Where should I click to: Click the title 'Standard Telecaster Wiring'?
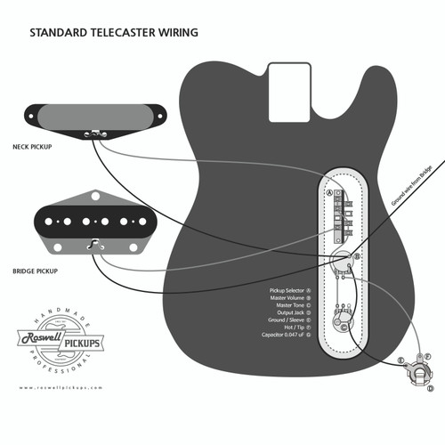(114, 33)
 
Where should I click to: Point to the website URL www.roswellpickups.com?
(60, 388)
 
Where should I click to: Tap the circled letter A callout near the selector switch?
(329, 192)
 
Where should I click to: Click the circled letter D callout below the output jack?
(432, 389)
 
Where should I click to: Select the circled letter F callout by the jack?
(428, 356)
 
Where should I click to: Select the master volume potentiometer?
(341, 261)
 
